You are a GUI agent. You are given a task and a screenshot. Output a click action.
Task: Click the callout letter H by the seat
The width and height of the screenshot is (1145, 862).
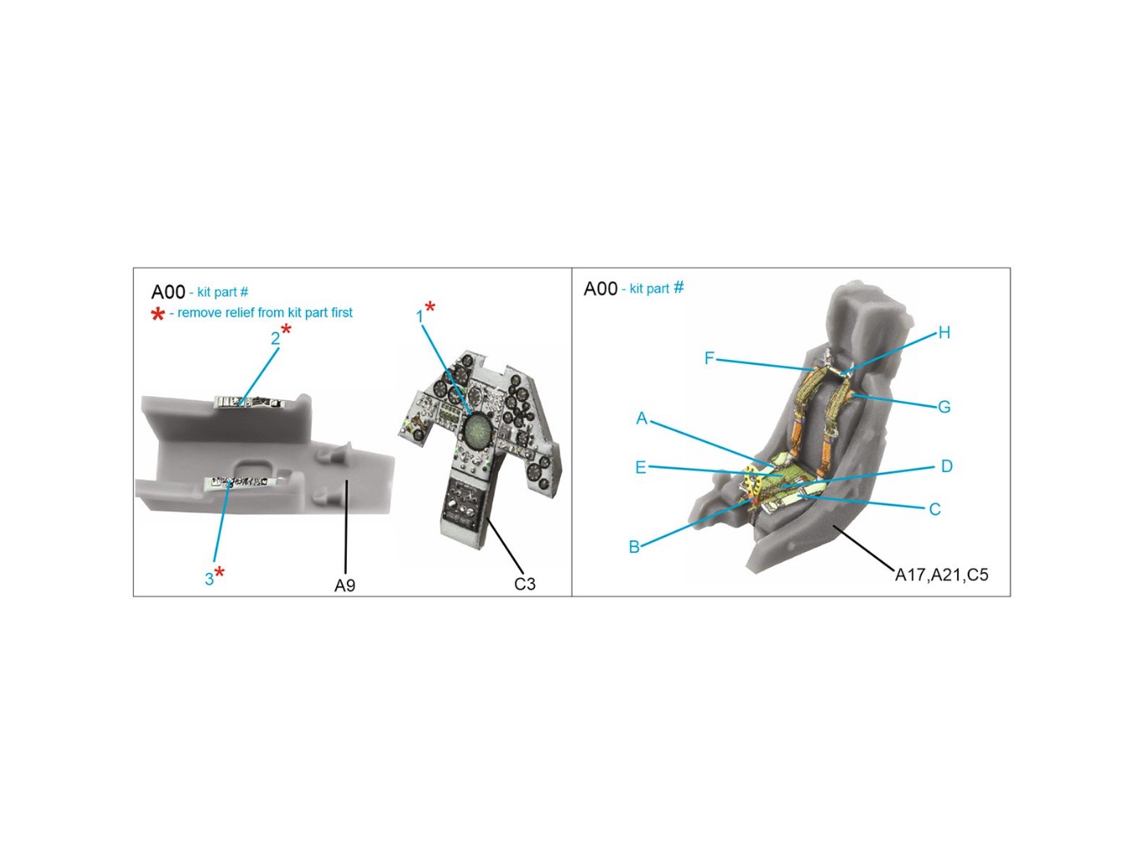(944, 332)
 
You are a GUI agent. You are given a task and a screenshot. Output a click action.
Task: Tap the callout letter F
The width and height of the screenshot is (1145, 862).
(709, 358)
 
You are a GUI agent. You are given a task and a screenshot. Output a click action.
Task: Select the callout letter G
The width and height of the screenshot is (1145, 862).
(944, 407)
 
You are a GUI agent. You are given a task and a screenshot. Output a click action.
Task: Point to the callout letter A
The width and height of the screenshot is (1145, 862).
(642, 418)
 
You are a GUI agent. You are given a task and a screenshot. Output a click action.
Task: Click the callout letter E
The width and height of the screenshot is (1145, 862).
(640, 468)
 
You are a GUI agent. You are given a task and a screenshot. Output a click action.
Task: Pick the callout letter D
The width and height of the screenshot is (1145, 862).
(946, 466)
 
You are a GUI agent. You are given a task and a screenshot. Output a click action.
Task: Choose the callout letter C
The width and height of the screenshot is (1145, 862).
(934, 509)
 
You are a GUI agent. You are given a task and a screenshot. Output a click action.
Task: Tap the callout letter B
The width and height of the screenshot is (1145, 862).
(634, 547)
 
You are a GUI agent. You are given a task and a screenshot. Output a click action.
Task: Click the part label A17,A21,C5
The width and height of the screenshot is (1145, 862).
(941, 575)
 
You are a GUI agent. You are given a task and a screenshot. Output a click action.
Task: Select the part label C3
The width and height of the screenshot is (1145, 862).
(524, 584)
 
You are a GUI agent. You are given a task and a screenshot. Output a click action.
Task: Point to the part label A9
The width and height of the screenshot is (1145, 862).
(344, 586)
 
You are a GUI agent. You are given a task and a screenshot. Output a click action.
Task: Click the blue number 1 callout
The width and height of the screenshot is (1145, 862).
(419, 317)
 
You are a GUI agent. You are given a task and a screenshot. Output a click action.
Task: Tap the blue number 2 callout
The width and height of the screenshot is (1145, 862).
(275, 339)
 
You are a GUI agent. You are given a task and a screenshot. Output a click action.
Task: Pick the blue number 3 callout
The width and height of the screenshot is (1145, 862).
(209, 579)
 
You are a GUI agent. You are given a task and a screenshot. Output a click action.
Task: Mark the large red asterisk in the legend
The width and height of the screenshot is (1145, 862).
(157, 314)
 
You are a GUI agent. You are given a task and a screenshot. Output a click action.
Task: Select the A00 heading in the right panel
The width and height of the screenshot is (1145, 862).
(600, 288)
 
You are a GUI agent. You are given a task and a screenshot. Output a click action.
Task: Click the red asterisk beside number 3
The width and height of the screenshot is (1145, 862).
(220, 571)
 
